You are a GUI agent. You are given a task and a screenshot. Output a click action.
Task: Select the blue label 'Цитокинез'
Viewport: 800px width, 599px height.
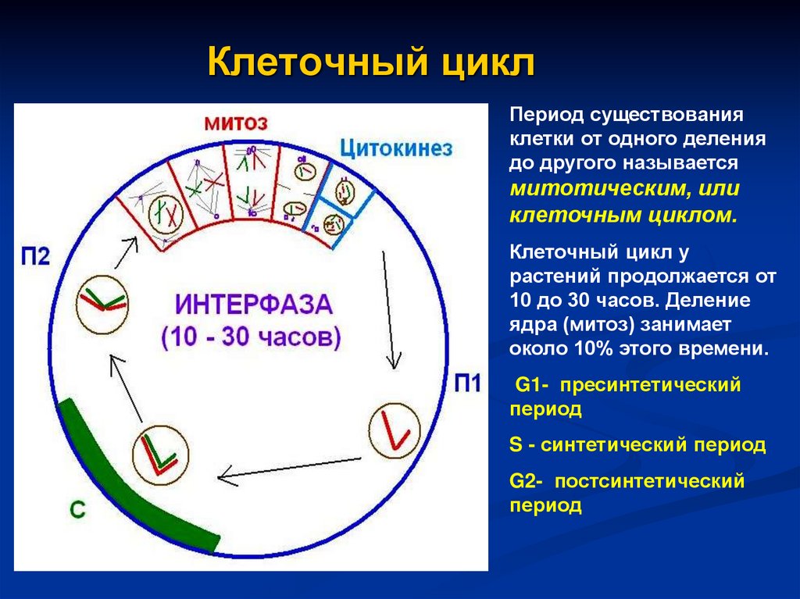point(396,148)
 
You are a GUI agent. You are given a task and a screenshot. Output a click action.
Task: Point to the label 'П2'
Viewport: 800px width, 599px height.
point(35,257)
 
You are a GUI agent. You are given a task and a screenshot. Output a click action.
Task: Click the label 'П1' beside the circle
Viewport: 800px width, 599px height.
point(470,383)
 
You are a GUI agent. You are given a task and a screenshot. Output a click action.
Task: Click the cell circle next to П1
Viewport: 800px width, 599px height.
point(395,432)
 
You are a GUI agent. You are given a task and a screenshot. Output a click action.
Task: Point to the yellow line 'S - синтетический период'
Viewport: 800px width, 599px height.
point(637,445)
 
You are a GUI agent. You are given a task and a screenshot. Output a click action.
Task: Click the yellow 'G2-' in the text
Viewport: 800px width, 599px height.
point(530,481)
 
